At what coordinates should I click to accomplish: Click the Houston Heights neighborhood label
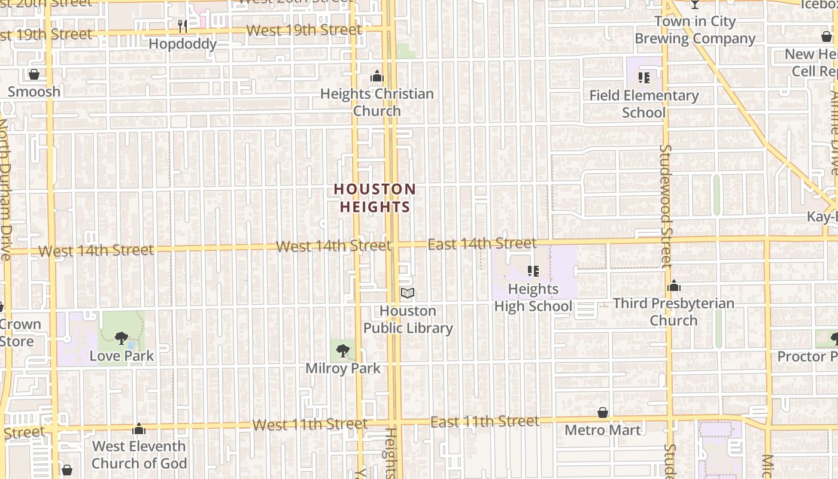(375, 198)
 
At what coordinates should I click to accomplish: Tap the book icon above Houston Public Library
(408, 293)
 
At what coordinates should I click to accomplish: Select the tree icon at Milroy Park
(343, 350)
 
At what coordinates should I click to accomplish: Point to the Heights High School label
(533, 298)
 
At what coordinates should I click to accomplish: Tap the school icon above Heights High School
(533, 271)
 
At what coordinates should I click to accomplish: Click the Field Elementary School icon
(644, 77)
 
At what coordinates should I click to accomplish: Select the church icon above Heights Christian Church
(377, 76)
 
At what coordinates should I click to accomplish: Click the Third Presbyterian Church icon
(674, 286)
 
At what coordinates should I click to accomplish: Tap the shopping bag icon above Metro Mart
(603, 413)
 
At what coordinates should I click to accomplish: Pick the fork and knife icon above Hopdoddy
(183, 26)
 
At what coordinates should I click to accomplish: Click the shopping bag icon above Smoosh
(34, 74)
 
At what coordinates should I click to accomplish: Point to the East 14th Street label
(482, 244)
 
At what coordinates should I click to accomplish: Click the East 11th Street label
(485, 422)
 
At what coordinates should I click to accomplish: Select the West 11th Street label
(309, 425)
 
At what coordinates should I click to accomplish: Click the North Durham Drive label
(5, 189)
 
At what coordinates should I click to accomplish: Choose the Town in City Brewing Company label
(694, 30)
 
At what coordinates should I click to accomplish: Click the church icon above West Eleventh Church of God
(139, 429)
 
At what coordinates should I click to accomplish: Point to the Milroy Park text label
(343, 368)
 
